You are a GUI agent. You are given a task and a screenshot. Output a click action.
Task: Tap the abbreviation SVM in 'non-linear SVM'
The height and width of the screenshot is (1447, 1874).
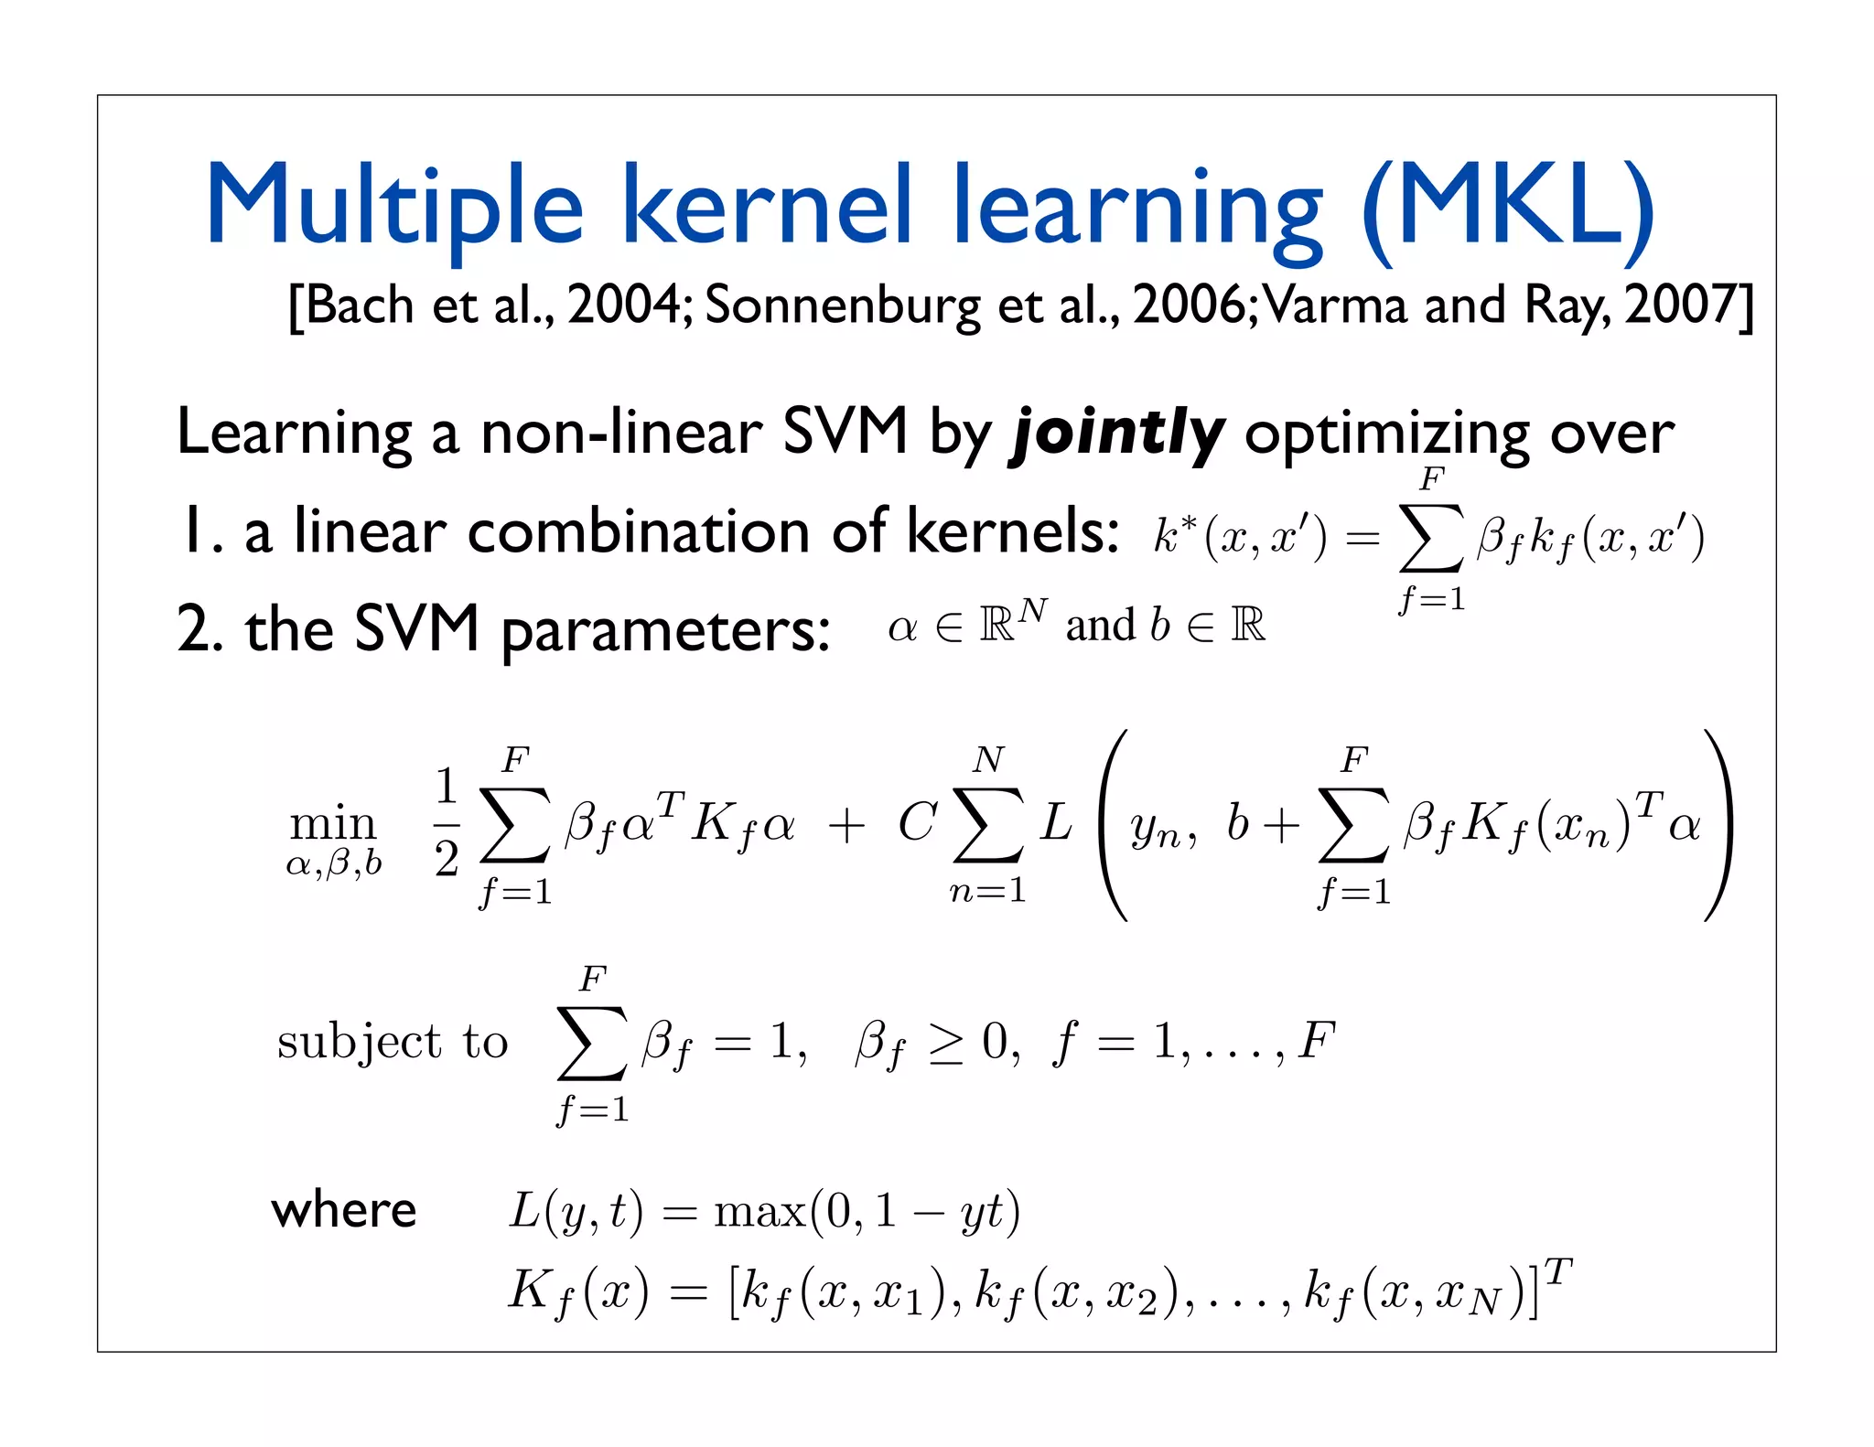[x=844, y=431]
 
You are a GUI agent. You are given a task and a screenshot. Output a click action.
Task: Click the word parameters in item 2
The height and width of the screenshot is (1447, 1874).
[x=665, y=630]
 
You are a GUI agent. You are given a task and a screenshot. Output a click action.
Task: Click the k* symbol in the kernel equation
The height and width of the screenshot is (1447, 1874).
[x=1174, y=534]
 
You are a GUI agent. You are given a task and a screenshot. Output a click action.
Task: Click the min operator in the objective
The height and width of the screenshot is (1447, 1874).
[x=333, y=824]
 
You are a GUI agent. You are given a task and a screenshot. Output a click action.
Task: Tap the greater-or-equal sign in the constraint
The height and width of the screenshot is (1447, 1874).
[x=946, y=1043]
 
